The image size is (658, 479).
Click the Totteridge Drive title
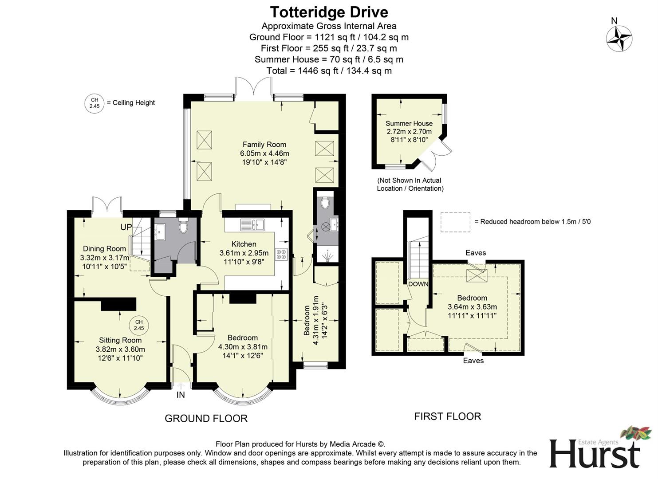point(329,12)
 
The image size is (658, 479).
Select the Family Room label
point(264,145)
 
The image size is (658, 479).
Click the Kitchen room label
point(244,244)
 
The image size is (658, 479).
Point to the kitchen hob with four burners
point(281,254)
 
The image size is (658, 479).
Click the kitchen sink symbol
point(252,225)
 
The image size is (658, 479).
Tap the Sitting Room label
point(120,340)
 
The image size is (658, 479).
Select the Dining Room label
point(104,249)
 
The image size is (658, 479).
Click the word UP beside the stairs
point(126,227)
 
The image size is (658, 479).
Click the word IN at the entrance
point(181,395)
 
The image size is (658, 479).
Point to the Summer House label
point(409,123)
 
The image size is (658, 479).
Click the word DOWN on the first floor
point(418,284)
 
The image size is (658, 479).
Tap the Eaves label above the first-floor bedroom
point(476,253)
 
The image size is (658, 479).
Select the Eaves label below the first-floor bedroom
point(473,361)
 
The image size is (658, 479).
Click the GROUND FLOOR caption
point(206,418)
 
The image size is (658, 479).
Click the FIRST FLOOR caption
point(447,416)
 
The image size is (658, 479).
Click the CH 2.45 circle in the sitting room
point(139,326)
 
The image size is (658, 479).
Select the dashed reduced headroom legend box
point(455,222)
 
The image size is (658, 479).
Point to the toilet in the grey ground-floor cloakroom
point(183,227)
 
